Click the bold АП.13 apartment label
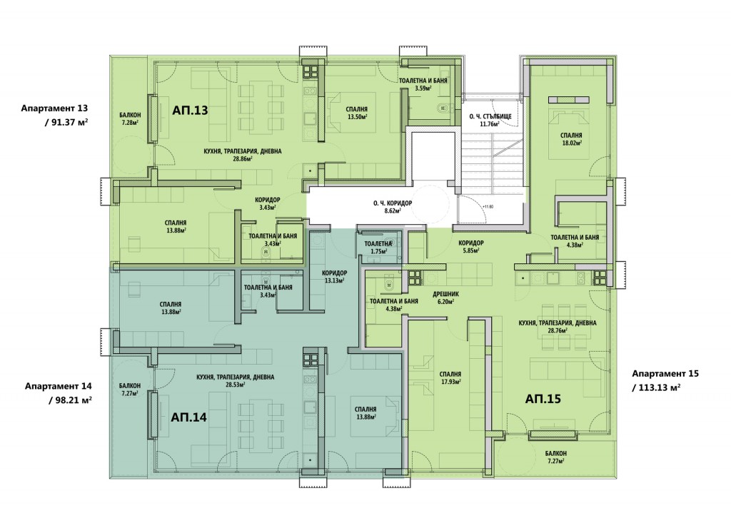(x=190, y=110)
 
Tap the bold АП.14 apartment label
(x=188, y=417)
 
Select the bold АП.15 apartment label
(x=543, y=399)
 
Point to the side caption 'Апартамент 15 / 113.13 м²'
(x=665, y=381)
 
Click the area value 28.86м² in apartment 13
(x=243, y=158)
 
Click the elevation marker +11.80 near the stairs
(x=488, y=206)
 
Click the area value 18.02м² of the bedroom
(x=572, y=143)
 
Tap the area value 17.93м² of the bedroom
(x=450, y=381)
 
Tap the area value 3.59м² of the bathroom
(x=423, y=88)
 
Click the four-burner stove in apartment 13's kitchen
(x=311, y=71)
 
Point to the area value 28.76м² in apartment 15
(x=558, y=330)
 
